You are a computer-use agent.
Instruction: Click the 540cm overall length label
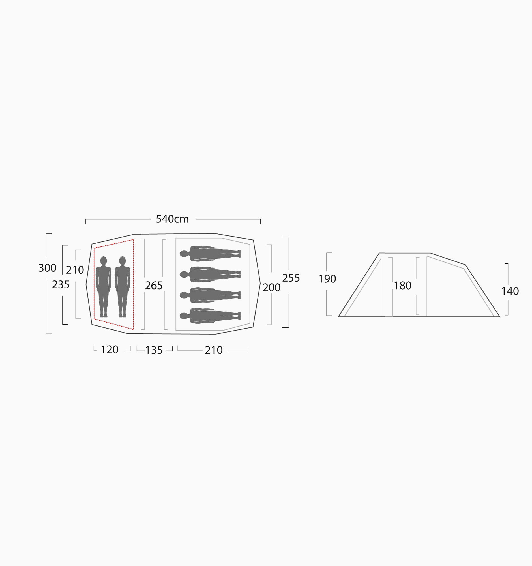[x=172, y=219]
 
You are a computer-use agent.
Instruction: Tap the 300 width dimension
[x=47, y=268]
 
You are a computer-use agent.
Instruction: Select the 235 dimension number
[x=61, y=284]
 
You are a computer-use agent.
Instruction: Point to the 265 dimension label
[x=154, y=285]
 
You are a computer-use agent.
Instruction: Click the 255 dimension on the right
[x=291, y=278]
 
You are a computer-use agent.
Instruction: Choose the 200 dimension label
[x=272, y=288]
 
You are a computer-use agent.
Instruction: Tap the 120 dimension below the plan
[x=110, y=350]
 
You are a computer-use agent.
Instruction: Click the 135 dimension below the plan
[x=154, y=350]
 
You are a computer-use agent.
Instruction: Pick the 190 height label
[x=327, y=279]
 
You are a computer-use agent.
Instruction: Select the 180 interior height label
[x=402, y=286]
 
